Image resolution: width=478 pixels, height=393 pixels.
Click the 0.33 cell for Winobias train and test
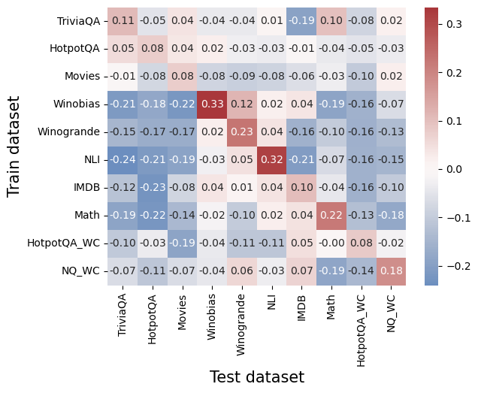212,104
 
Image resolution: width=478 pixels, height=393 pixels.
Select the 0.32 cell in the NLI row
272,159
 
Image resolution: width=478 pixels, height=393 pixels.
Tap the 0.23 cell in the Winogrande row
242,132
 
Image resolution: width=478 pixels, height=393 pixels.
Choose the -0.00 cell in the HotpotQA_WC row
331,243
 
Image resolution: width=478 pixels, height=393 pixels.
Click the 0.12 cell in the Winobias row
242,104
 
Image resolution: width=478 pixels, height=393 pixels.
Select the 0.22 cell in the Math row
331,215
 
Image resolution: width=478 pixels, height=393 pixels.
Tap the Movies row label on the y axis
83,76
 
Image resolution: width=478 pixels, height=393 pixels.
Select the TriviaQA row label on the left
78,20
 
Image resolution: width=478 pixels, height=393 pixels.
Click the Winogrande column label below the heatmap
242,318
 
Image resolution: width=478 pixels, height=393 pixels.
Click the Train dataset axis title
14,146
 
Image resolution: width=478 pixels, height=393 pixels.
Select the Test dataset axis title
256,377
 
